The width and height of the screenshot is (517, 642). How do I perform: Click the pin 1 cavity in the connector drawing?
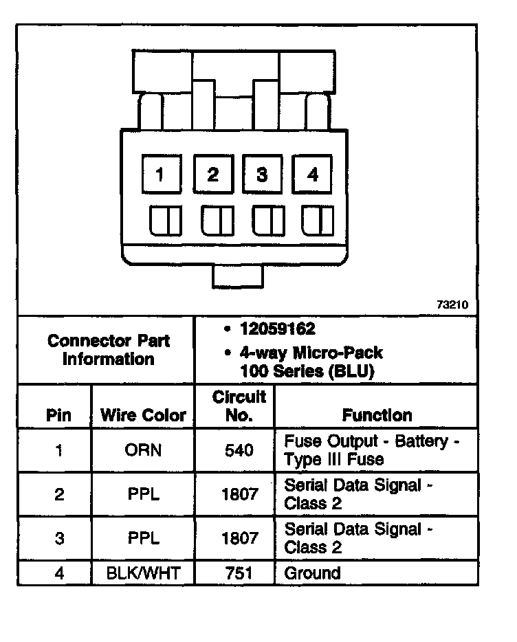point(160,174)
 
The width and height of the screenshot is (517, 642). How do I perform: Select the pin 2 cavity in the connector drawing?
point(212,174)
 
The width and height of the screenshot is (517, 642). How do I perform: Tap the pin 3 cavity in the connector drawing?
point(262,174)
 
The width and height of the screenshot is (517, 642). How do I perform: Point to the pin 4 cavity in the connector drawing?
point(313,174)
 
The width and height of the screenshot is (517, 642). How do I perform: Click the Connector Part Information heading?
point(108,350)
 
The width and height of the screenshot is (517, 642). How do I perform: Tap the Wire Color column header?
point(143,415)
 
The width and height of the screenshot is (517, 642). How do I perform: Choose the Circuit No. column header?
point(239,406)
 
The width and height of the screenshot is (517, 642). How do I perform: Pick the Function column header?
point(377,415)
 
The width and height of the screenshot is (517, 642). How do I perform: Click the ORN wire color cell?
point(143,451)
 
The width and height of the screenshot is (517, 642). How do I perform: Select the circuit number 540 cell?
point(239,451)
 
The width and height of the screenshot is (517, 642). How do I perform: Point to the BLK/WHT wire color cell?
point(143,573)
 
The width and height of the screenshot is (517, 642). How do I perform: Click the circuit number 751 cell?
point(239,573)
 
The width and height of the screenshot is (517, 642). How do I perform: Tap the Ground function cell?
point(313,573)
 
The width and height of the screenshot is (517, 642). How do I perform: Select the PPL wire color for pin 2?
point(143,494)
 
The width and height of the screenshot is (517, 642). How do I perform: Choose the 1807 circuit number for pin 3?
point(239,538)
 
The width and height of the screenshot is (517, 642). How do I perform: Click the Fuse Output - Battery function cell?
point(371,450)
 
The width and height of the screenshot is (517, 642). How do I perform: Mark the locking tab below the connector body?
point(237,277)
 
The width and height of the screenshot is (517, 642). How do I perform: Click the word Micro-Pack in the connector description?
point(338,353)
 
